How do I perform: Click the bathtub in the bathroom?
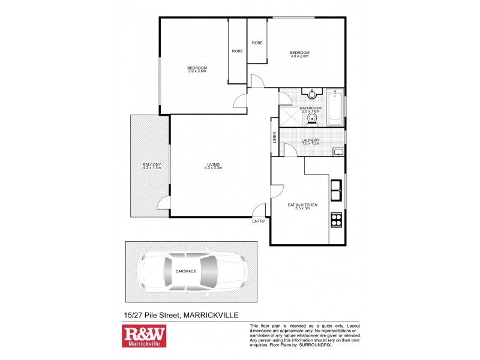[335, 108]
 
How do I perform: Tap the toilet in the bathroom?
[311, 121]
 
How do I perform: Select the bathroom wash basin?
[312, 94]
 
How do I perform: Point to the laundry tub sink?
[338, 151]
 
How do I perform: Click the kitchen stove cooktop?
[336, 220]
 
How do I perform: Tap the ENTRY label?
[259, 221]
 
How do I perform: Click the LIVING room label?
[214, 164]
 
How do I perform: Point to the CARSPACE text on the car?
[185, 271]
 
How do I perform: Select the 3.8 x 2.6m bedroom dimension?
[299, 56]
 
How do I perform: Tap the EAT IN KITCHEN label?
[302, 205]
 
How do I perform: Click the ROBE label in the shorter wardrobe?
[257, 43]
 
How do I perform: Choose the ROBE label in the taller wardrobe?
[237, 51]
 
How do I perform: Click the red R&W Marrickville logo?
[143, 336]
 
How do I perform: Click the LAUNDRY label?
[310, 140]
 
